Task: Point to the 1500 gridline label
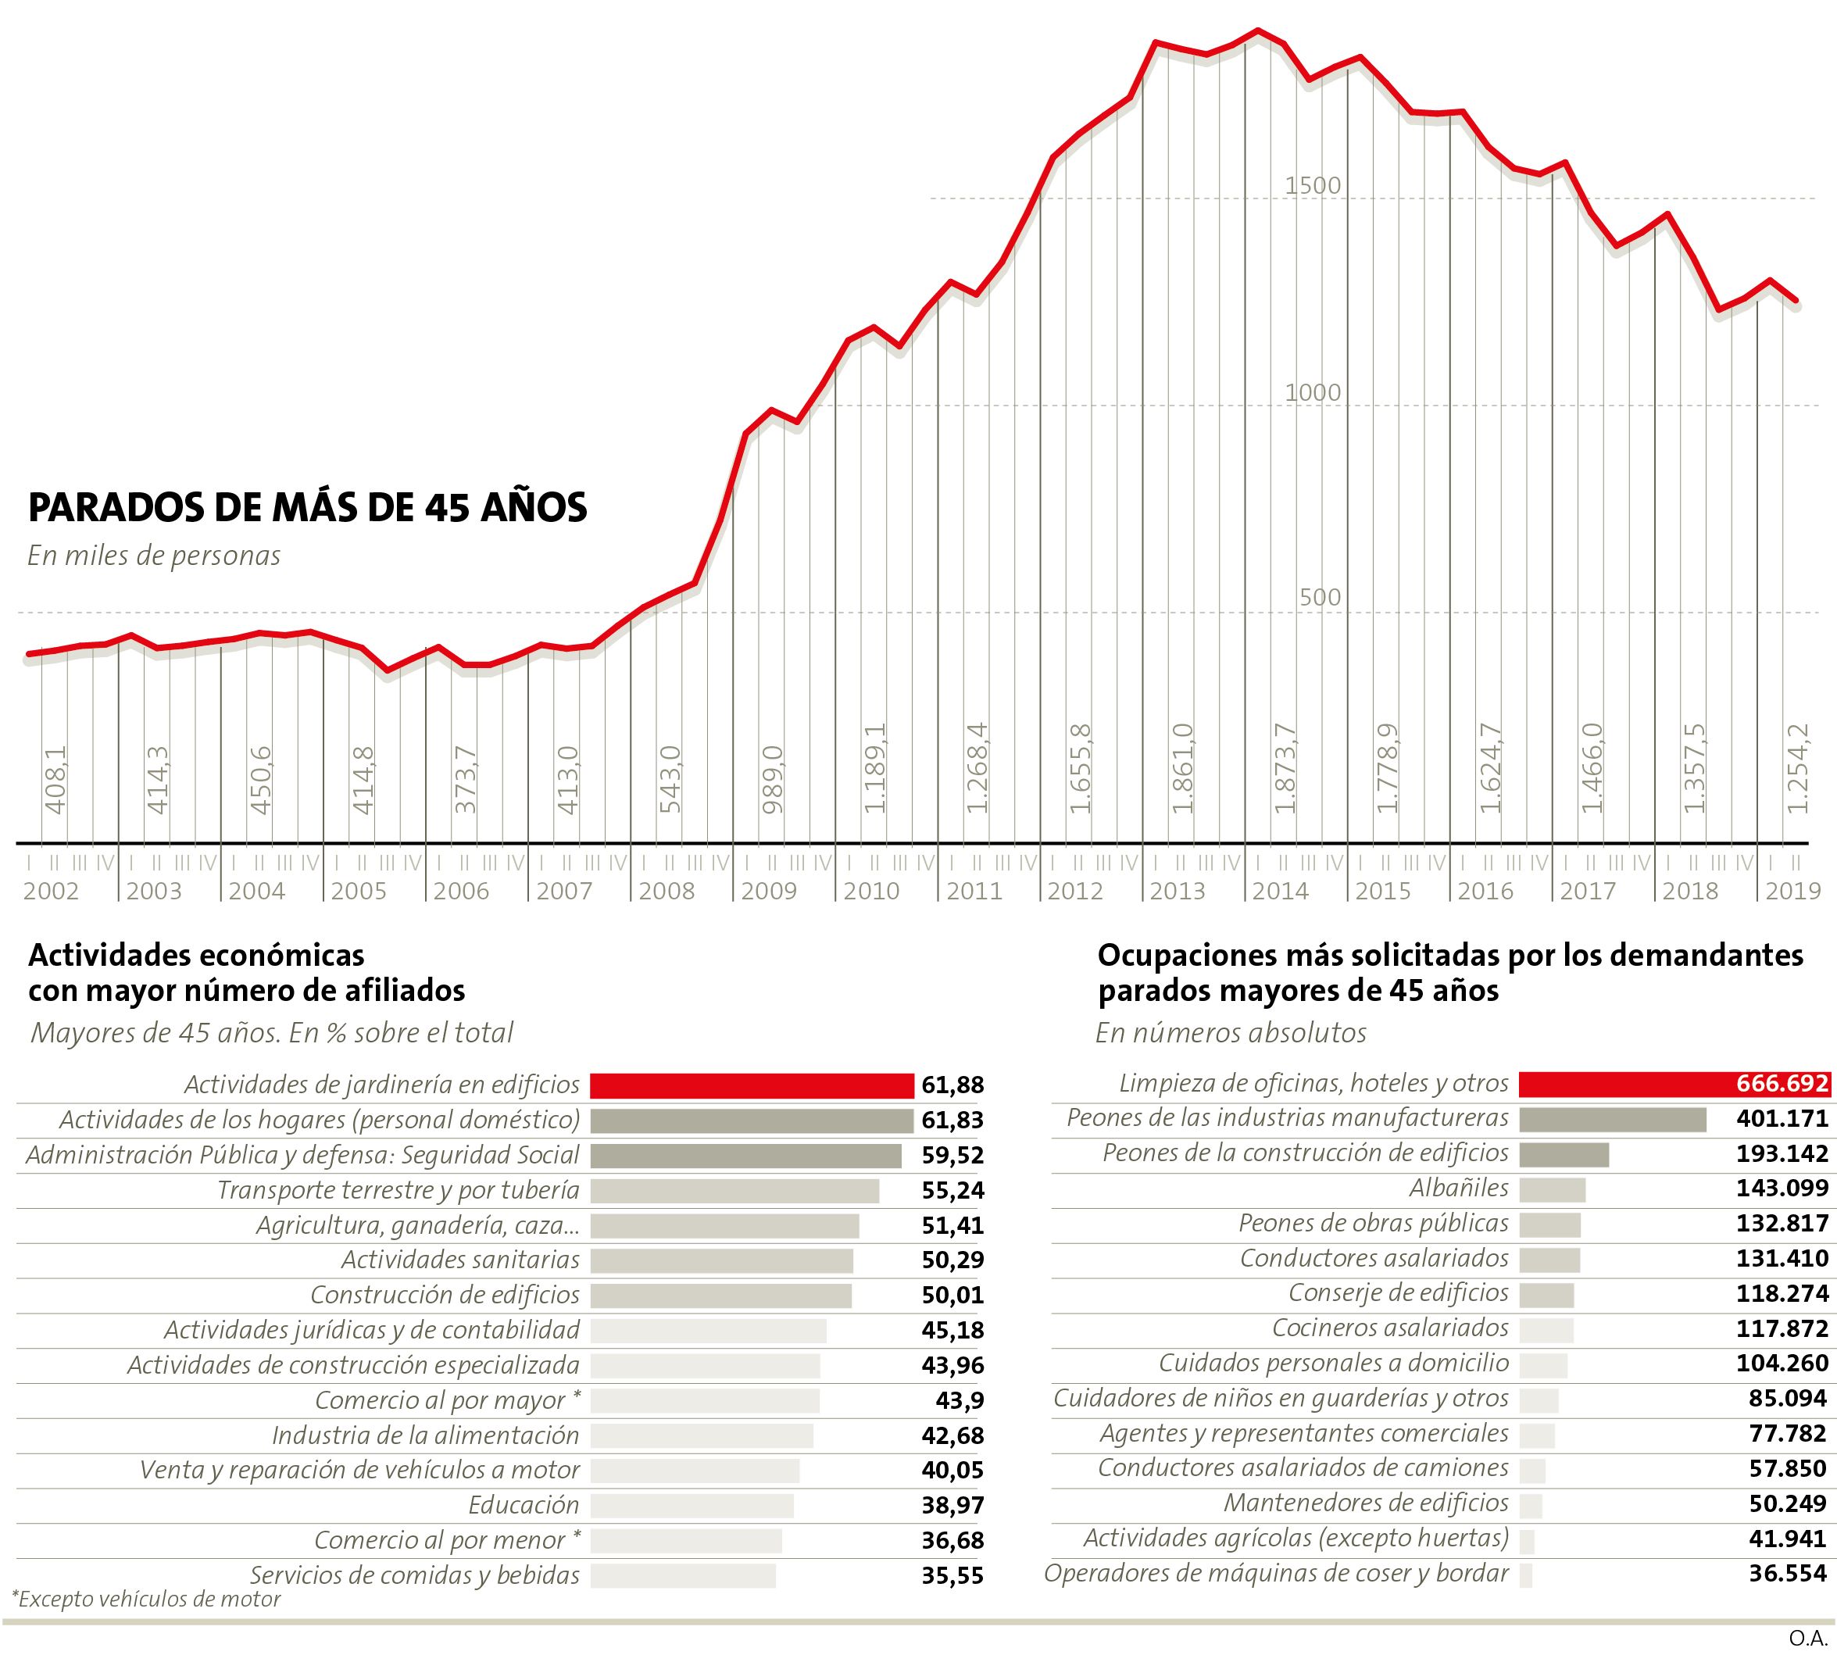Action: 1312,185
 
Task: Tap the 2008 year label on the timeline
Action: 667,891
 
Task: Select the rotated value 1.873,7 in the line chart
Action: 1284,768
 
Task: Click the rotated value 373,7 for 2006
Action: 465,779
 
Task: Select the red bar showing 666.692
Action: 1674,1084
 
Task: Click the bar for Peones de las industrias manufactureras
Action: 1613,1120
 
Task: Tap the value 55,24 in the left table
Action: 952,1190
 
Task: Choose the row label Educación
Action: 524,1505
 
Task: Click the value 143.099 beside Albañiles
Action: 1782,1189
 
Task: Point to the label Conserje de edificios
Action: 1398,1293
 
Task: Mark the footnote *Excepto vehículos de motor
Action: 145,1600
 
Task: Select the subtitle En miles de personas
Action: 154,556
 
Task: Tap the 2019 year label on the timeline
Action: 1792,891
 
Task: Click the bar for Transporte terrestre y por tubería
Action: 734,1190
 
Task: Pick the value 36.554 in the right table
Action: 1787,1573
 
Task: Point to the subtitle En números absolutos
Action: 1231,1033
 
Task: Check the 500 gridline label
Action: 1320,598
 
